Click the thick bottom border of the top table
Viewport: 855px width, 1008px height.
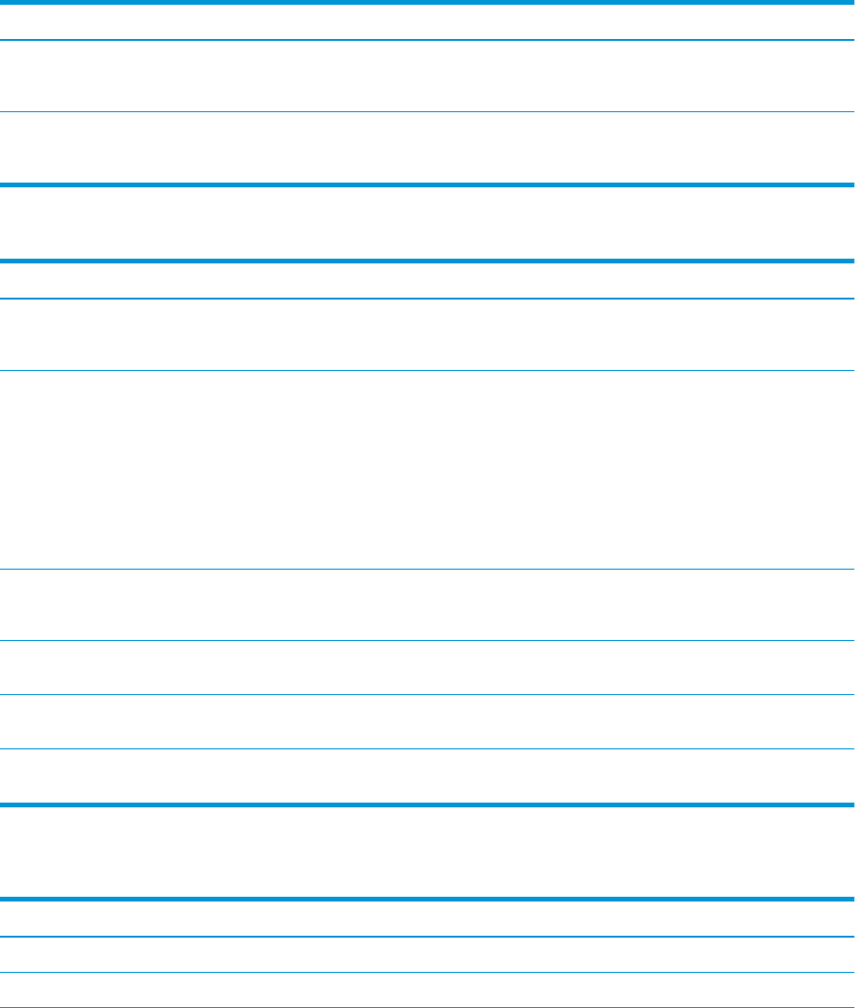click(x=427, y=184)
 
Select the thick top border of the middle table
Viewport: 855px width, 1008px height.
click(x=427, y=261)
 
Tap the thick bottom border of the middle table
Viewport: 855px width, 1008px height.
click(x=427, y=804)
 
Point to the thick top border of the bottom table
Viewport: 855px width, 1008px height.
click(x=427, y=899)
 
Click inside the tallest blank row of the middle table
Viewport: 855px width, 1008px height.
click(x=427, y=469)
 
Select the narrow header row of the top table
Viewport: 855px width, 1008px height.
click(x=427, y=21)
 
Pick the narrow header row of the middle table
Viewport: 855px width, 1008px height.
click(x=427, y=281)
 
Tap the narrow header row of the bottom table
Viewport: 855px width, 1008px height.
click(x=427, y=919)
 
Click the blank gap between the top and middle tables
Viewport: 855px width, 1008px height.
click(x=427, y=223)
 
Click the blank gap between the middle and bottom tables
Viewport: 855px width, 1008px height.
click(x=427, y=852)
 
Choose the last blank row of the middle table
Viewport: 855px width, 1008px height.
click(x=427, y=776)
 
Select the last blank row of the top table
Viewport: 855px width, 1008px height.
click(x=427, y=148)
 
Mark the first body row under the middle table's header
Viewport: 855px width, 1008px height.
click(x=427, y=335)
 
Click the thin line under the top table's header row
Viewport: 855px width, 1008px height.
click(x=427, y=40)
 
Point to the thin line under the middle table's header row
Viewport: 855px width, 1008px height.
click(x=427, y=300)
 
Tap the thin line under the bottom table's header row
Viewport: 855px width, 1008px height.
click(x=427, y=938)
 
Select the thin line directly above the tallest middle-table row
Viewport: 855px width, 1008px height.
click(x=427, y=370)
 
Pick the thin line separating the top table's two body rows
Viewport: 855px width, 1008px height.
click(x=427, y=112)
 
